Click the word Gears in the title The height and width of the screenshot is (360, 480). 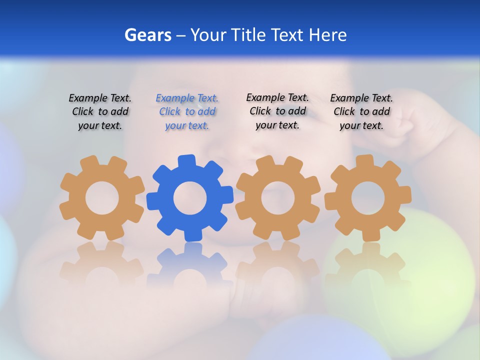coord(147,35)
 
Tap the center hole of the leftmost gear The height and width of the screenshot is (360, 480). coord(102,198)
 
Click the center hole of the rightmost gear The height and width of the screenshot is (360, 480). coord(368,198)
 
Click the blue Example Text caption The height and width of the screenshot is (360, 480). coord(187,112)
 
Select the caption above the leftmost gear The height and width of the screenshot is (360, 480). coord(100,112)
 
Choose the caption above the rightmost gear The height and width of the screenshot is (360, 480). coord(361,112)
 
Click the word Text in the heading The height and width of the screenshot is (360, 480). coord(288,35)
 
